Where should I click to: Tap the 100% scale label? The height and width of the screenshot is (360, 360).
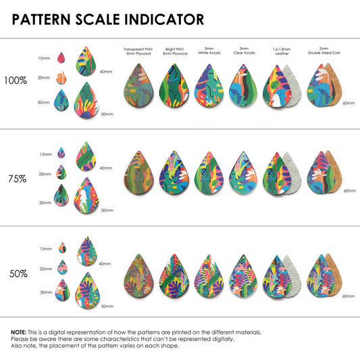tap(16, 80)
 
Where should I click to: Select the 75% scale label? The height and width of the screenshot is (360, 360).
tap(18, 179)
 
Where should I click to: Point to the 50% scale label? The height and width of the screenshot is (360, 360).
tap(18, 274)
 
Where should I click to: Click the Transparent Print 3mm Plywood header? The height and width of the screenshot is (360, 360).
tap(138, 51)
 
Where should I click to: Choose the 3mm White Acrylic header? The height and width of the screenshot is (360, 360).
tap(209, 51)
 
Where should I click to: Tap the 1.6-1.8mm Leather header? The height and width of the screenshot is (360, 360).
tap(282, 51)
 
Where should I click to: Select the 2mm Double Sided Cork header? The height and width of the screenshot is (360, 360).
tap(324, 51)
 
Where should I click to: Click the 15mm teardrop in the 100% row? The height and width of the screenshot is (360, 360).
tap(61, 57)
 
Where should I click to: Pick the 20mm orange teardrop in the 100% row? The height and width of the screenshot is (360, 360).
tap(61, 78)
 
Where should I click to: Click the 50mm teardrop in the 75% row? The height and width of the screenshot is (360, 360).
tap(86, 195)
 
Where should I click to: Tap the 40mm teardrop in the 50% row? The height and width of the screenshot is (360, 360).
tap(87, 251)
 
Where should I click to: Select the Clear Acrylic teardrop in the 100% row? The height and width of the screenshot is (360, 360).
tap(243, 86)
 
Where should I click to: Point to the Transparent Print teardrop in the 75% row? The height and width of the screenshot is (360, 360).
tap(138, 172)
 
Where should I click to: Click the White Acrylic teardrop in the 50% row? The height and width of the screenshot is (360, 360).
tap(209, 276)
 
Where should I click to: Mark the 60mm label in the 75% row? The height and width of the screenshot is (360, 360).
tap(350, 190)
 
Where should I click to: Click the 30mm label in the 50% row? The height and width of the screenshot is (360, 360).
tap(46, 292)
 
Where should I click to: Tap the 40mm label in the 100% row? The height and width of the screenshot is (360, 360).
tap(106, 72)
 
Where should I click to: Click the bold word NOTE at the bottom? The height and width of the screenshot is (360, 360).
tap(19, 332)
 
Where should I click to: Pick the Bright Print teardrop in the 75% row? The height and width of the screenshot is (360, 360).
tap(174, 172)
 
